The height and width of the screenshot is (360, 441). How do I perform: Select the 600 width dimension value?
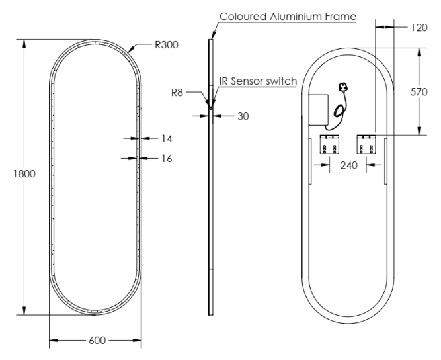pyautogui.click(x=97, y=342)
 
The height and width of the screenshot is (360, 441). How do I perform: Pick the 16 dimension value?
pyautogui.click(x=165, y=158)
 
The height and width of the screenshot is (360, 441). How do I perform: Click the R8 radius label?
pyautogui.click(x=177, y=93)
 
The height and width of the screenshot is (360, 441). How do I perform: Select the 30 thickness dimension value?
pyautogui.click(x=243, y=116)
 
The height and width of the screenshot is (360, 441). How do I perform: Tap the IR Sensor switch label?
pyautogui.click(x=258, y=81)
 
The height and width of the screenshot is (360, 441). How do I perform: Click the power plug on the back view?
pyautogui.click(x=343, y=87)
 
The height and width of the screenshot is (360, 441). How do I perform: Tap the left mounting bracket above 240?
pyautogui.click(x=329, y=144)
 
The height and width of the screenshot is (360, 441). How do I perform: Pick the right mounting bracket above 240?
pyautogui.click(x=366, y=144)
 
